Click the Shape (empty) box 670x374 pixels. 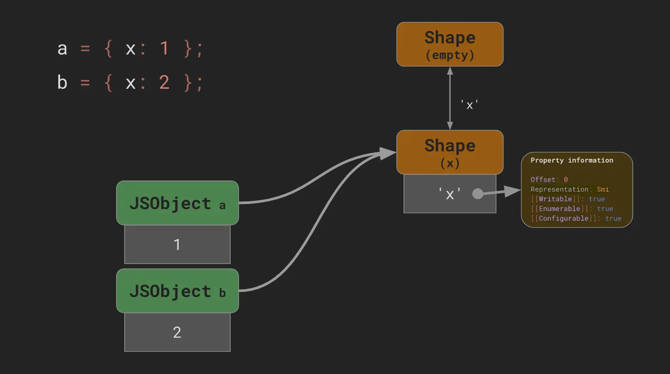coord(450,44)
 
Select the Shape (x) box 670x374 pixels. coord(450,152)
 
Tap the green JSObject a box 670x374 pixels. coord(177,203)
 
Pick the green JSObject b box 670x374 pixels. coord(177,291)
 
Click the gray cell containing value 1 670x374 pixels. coord(177,244)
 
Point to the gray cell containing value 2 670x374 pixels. coord(177,332)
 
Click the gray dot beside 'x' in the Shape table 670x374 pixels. coord(478,194)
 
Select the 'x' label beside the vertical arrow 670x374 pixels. coord(470,105)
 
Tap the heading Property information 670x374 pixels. coord(572,160)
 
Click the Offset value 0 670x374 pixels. coord(566,180)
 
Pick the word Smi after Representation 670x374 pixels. coord(603,189)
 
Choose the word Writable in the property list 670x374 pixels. coord(555,199)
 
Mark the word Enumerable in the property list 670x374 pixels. coord(560,209)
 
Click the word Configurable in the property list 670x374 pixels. coord(564,219)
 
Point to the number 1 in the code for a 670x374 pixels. coord(164,49)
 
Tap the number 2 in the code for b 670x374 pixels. coord(164,83)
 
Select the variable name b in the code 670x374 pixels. coord(62,83)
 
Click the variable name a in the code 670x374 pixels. coord(62,49)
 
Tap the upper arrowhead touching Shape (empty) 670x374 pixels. coord(450,71)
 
